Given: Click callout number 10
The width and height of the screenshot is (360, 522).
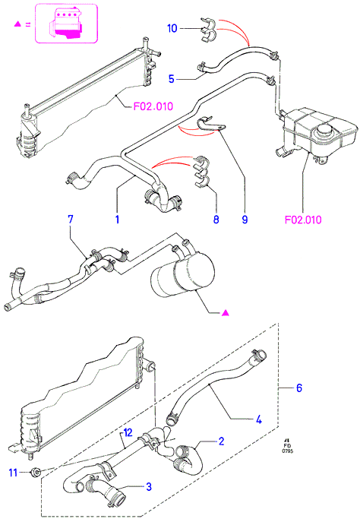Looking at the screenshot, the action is (x=172, y=28).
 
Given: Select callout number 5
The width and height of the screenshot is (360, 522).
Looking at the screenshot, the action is (x=172, y=79).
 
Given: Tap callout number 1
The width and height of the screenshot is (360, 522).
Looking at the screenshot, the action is (x=117, y=220).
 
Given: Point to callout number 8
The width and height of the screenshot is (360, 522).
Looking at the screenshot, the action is (x=216, y=220).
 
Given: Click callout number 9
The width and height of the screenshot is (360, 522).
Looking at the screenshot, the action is (x=245, y=220).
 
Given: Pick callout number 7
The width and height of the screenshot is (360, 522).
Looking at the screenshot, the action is (x=70, y=220).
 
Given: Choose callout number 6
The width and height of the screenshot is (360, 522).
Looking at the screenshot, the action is (x=299, y=388).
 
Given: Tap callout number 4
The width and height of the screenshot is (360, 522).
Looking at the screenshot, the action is (x=259, y=419).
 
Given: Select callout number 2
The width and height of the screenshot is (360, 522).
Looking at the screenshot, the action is (x=222, y=441).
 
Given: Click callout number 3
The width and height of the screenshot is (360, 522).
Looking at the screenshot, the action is (x=149, y=486).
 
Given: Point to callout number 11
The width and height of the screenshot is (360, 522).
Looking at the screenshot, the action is (x=13, y=473).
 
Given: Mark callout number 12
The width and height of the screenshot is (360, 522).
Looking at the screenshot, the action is (x=128, y=432).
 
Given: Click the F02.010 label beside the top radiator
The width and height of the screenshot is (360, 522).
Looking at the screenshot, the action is (x=153, y=106).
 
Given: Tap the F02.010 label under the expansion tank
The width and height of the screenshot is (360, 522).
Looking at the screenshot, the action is (x=303, y=220).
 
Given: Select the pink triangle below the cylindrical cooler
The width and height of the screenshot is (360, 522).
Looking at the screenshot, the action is (x=226, y=312).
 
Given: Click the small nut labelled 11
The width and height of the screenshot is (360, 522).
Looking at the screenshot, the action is (x=36, y=472).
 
